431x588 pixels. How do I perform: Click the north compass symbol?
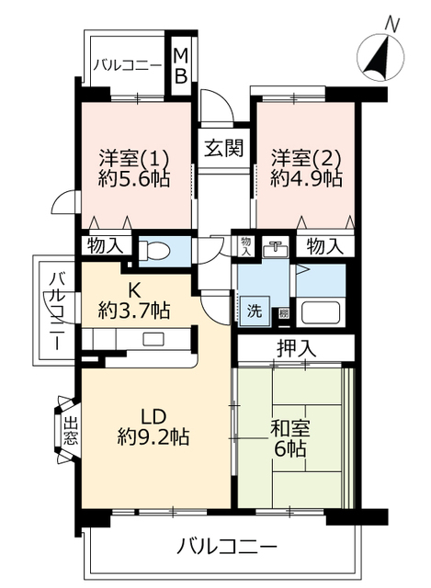point(380,56)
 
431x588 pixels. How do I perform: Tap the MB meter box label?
point(181,66)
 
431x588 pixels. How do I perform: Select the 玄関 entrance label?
point(224,148)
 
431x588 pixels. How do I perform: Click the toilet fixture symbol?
point(154,250)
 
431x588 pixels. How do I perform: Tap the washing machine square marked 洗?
point(255,311)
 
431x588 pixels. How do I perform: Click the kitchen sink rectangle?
point(153,339)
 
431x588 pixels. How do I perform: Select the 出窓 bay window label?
point(71,431)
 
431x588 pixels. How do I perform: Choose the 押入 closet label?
point(297,348)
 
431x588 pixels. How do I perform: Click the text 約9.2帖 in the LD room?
point(153,436)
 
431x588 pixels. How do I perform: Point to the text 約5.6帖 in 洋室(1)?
point(135,178)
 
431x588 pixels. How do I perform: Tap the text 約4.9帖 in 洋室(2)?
point(306,178)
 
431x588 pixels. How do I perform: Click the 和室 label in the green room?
point(290,429)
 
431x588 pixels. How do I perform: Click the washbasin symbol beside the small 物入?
point(276,249)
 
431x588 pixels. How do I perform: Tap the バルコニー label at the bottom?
point(227,546)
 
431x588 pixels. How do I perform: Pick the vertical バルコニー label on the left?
point(57,311)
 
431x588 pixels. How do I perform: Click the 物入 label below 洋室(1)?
point(106,246)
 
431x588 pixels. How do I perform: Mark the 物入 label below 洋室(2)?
point(324,246)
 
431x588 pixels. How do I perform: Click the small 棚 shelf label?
point(284,313)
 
